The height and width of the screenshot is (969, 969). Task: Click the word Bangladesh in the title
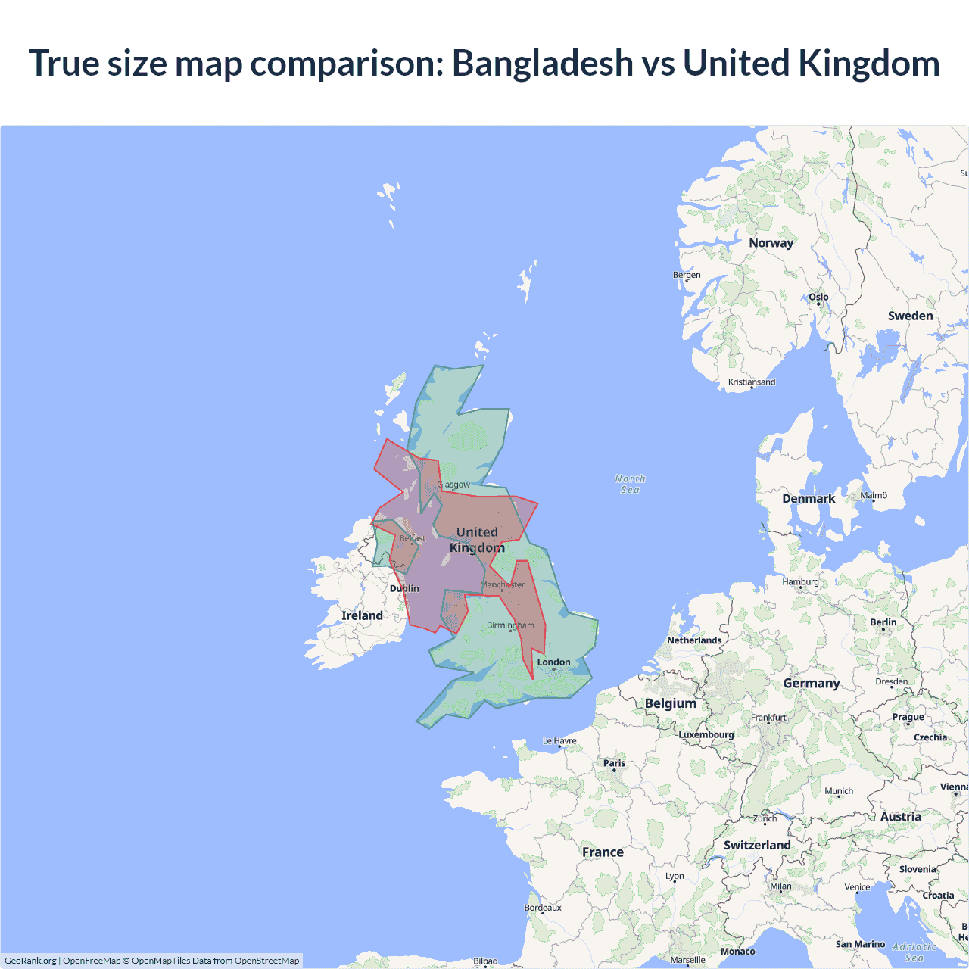pyautogui.click(x=542, y=63)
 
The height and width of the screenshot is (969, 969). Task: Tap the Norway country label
pyautogui.click(x=771, y=243)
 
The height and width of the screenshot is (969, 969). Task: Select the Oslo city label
pyautogui.click(x=818, y=297)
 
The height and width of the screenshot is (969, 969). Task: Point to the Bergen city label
pyautogui.click(x=687, y=275)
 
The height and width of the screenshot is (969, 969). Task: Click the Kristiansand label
pyautogui.click(x=751, y=382)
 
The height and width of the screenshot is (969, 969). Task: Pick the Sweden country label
pyautogui.click(x=910, y=316)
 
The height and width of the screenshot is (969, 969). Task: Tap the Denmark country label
pyautogui.click(x=809, y=498)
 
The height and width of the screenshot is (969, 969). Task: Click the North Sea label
pyautogui.click(x=630, y=484)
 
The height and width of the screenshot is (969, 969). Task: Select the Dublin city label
pyautogui.click(x=404, y=588)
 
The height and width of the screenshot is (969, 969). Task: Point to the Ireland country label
pyautogui.click(x=362, y=615)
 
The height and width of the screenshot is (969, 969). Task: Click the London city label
pyautogui.click(x=553, y=662)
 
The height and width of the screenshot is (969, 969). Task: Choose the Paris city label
pyautogui.click(x=614, y=763)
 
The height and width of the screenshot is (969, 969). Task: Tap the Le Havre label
pyautogui.click(x=559, y=740)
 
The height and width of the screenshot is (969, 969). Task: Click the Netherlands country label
pyautogui.click(x=694, y=640)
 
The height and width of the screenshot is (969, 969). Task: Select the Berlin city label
pyautogui.click(x=883, y=622)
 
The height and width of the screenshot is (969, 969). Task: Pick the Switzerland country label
pyautogui.click(x=757, y=845)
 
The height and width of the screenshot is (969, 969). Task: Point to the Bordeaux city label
pyautogui.click(x=543, y=908)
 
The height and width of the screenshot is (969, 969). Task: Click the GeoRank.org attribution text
pyautogui.click(x=30, y=961)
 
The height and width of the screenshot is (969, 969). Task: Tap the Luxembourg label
pyautogui.click(x=706, y=734)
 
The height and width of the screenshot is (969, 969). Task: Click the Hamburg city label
pyautogui.click(x=800, y=581)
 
